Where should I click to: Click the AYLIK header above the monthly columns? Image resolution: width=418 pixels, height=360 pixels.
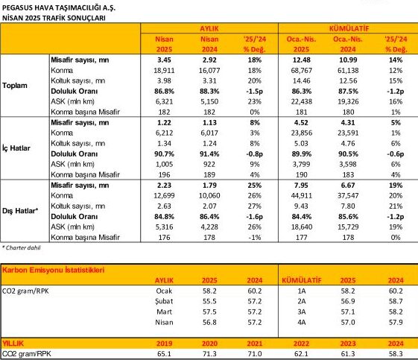209,28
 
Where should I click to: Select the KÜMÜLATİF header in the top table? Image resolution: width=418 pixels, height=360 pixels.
349,28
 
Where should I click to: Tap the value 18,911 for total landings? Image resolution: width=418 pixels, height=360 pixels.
164,70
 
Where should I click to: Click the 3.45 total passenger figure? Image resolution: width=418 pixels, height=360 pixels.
164,60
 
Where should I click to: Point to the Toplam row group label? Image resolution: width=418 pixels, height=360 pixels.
15,86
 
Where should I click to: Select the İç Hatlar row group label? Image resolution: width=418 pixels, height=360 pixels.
16,148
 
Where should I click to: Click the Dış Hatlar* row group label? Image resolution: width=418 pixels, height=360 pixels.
20,211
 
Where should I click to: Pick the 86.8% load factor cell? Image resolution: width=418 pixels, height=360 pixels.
164,91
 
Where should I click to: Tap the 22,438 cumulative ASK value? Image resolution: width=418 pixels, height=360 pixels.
301,101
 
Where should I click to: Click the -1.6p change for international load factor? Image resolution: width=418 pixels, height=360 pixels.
255,217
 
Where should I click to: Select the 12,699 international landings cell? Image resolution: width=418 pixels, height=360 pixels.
164,195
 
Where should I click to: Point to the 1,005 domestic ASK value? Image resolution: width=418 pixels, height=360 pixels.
164,164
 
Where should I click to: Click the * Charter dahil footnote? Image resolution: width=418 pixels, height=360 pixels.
22,247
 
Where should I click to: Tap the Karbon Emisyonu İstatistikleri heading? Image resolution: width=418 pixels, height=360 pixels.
53,270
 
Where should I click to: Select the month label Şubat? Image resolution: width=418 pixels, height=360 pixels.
164,301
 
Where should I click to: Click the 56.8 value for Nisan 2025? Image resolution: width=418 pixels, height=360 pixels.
209,322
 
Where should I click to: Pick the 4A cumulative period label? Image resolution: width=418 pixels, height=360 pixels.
301,322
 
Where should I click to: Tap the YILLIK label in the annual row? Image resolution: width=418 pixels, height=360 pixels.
13,344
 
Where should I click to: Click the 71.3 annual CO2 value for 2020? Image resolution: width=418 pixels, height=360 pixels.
209,354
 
